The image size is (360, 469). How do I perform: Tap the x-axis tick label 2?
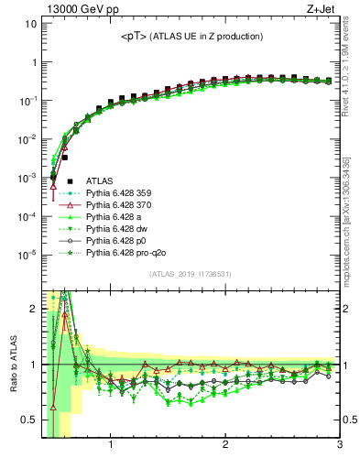[225, 446]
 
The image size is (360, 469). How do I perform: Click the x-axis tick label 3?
[339, 446]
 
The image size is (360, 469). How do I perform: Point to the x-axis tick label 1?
[111, 446]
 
